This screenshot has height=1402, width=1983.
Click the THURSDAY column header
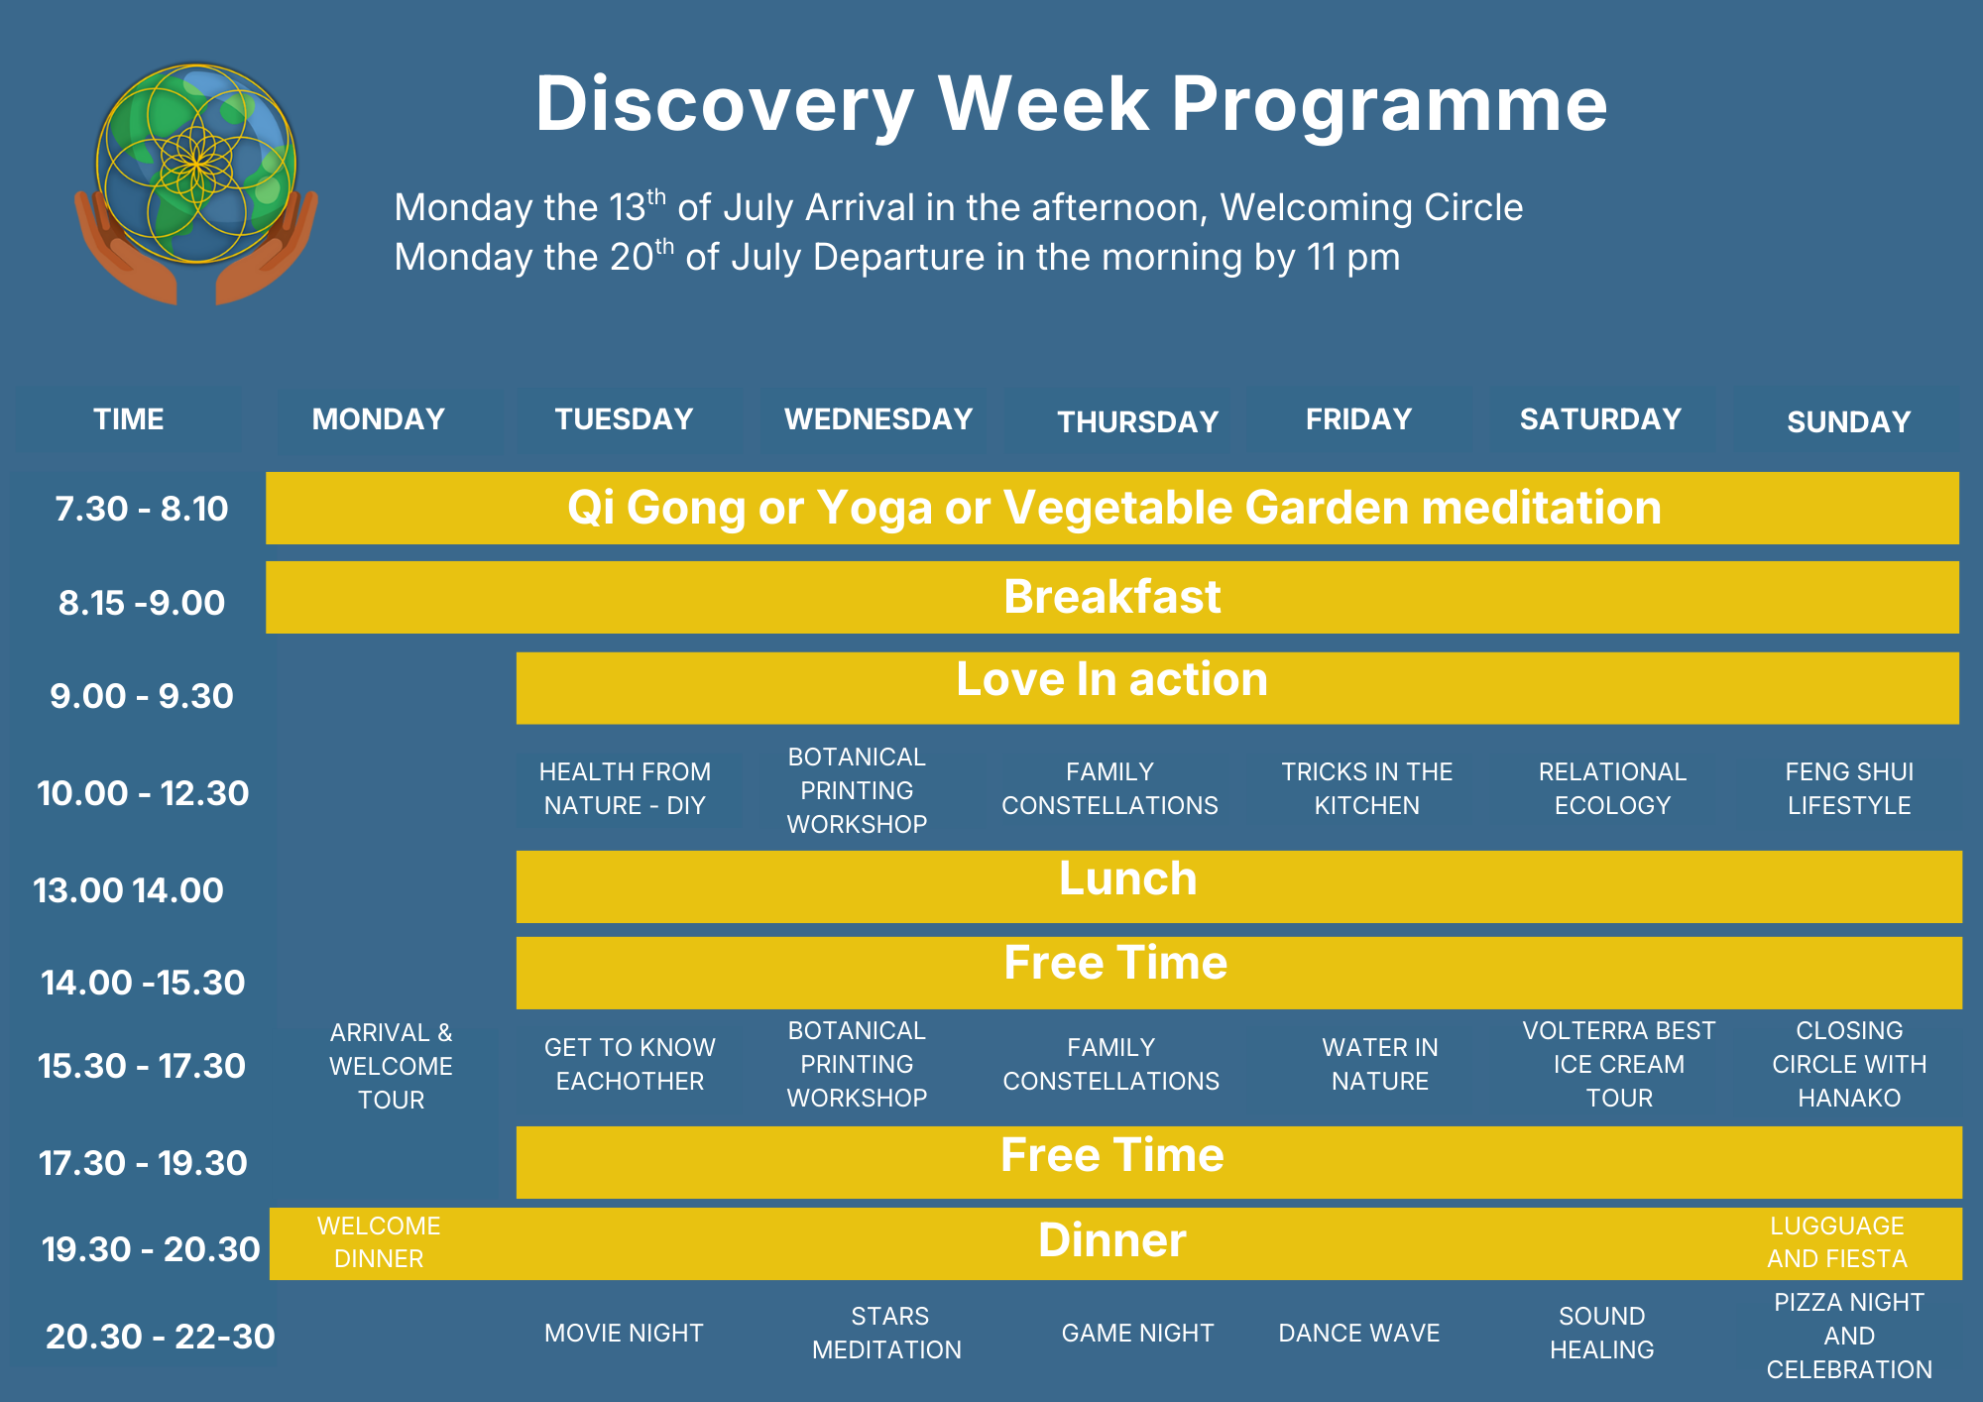pos(1137,422)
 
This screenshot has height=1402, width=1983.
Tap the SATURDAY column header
pos(1600,419)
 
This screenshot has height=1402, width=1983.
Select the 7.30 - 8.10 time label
pos(142,509)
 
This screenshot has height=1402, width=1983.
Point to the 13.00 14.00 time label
pos(129,890)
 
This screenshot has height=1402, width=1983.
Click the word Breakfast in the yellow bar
pos(1112,597)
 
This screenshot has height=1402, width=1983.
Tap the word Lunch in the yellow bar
pos(1128,878)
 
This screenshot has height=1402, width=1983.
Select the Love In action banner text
pos(1112,679)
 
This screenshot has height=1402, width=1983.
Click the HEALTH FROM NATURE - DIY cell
pos(625,788)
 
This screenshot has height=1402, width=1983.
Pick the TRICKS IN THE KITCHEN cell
pos(1367,788)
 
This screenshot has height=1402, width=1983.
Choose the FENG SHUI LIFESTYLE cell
pos(1849,788)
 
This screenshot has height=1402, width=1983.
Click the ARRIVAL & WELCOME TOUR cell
pos(391,1066)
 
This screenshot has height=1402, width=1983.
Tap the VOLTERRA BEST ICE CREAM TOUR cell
pos(1619,1064)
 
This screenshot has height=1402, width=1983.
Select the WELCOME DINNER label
pos(379,1242)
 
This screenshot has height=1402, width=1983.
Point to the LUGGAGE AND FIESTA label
pos(1837,1242)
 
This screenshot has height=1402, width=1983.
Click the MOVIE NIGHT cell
pos(624,1334)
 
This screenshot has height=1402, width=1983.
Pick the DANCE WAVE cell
pos(1359,1334)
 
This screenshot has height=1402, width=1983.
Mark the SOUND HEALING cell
pos(1602,1333)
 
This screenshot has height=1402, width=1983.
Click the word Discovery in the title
pos(725,105)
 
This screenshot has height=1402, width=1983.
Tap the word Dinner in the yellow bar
pos(1112,1240)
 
